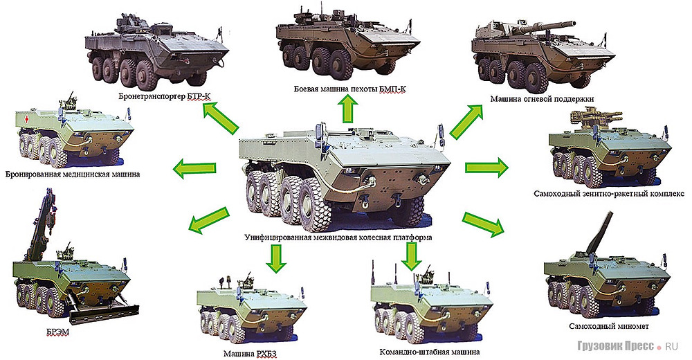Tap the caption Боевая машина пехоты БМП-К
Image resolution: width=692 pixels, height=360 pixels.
tap(350, 89)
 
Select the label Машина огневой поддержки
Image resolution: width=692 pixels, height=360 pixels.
tap(542, 99)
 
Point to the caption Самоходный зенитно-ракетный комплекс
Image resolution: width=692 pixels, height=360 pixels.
tap(608, 194)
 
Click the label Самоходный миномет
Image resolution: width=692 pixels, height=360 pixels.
tap(608, 327)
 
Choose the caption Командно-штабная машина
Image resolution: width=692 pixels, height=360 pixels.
tap(429, 352)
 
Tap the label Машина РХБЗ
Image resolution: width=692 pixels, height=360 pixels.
tap(250, 354)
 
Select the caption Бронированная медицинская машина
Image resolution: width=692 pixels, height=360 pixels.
tap(73, 174)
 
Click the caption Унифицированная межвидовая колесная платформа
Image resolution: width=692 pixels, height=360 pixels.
tap(338, 237)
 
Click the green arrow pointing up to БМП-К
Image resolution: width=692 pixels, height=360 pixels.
tap(348, 109)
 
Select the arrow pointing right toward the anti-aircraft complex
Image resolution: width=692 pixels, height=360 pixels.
tap(486, 168)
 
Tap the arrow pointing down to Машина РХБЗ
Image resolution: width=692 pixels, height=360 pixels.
tap(276, 258)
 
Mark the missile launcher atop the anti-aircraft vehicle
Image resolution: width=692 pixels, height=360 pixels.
tap(586, 118)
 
